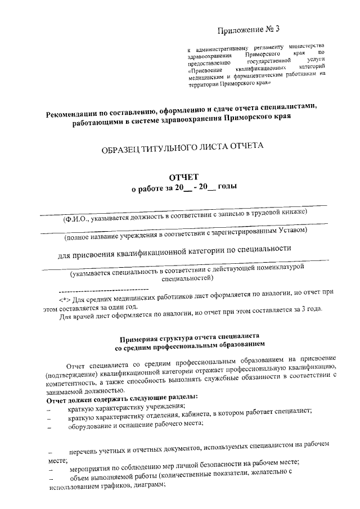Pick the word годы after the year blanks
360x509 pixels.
point(227,189)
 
